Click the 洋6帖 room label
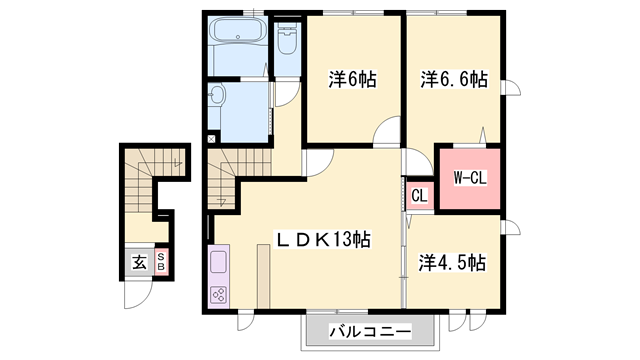pos(353,79)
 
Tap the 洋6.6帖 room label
pos(454,79)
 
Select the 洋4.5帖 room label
pos(452,262)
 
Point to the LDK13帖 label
pos(324,239)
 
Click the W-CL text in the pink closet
pos(470,178)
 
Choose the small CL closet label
pos(419,196)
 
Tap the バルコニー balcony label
pos(370,331)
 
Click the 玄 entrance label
pos(140,262)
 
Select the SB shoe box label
pos(161,262)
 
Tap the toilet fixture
pos(287,38)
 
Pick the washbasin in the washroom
pos(216,96)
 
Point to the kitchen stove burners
pos(218,295)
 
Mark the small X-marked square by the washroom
pos(211,139)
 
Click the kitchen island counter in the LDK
pos(264,276)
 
